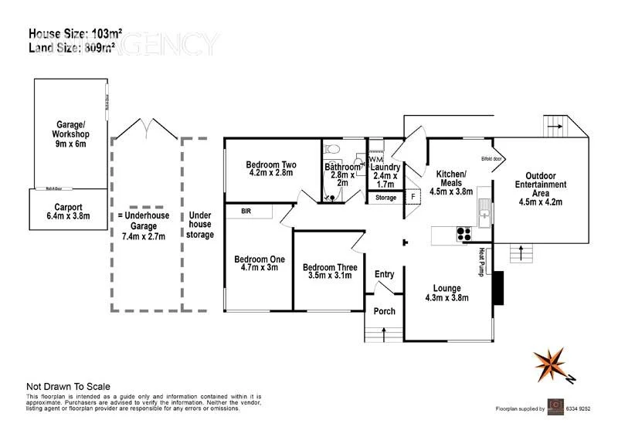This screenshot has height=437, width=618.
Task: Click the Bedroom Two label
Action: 271,169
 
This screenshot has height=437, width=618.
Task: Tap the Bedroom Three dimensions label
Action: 329,273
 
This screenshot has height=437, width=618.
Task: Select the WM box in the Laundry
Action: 375,159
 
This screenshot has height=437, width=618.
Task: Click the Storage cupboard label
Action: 385,198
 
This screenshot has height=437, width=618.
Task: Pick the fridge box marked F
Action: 413,198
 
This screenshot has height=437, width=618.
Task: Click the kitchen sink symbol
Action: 483,207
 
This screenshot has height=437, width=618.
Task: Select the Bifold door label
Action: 491,159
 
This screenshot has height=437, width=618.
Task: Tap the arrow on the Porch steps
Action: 384,334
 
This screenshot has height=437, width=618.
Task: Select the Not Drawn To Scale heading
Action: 68,386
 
